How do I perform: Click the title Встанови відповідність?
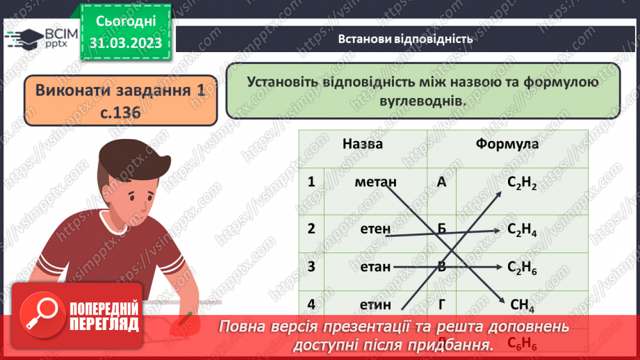(x=406, y=39)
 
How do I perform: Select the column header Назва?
(x=362, y=144)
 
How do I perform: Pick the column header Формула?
(x=507, y=144)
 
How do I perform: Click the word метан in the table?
(x=375, y=182)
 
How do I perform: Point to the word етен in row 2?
(x=376, y=229)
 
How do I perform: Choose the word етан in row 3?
(x=376, y=266)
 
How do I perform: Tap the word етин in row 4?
(x=376, y=304)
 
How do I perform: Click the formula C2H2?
(x=522, y=183)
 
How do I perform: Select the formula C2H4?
(x=523, y=229)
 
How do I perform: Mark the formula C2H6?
(x=523, y=267)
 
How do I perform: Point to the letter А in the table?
(x=442, y=182)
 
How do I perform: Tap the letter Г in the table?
(x=442, y=304)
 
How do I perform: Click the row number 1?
(x=311, y=182)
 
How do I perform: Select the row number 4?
(x=311, y=304)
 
